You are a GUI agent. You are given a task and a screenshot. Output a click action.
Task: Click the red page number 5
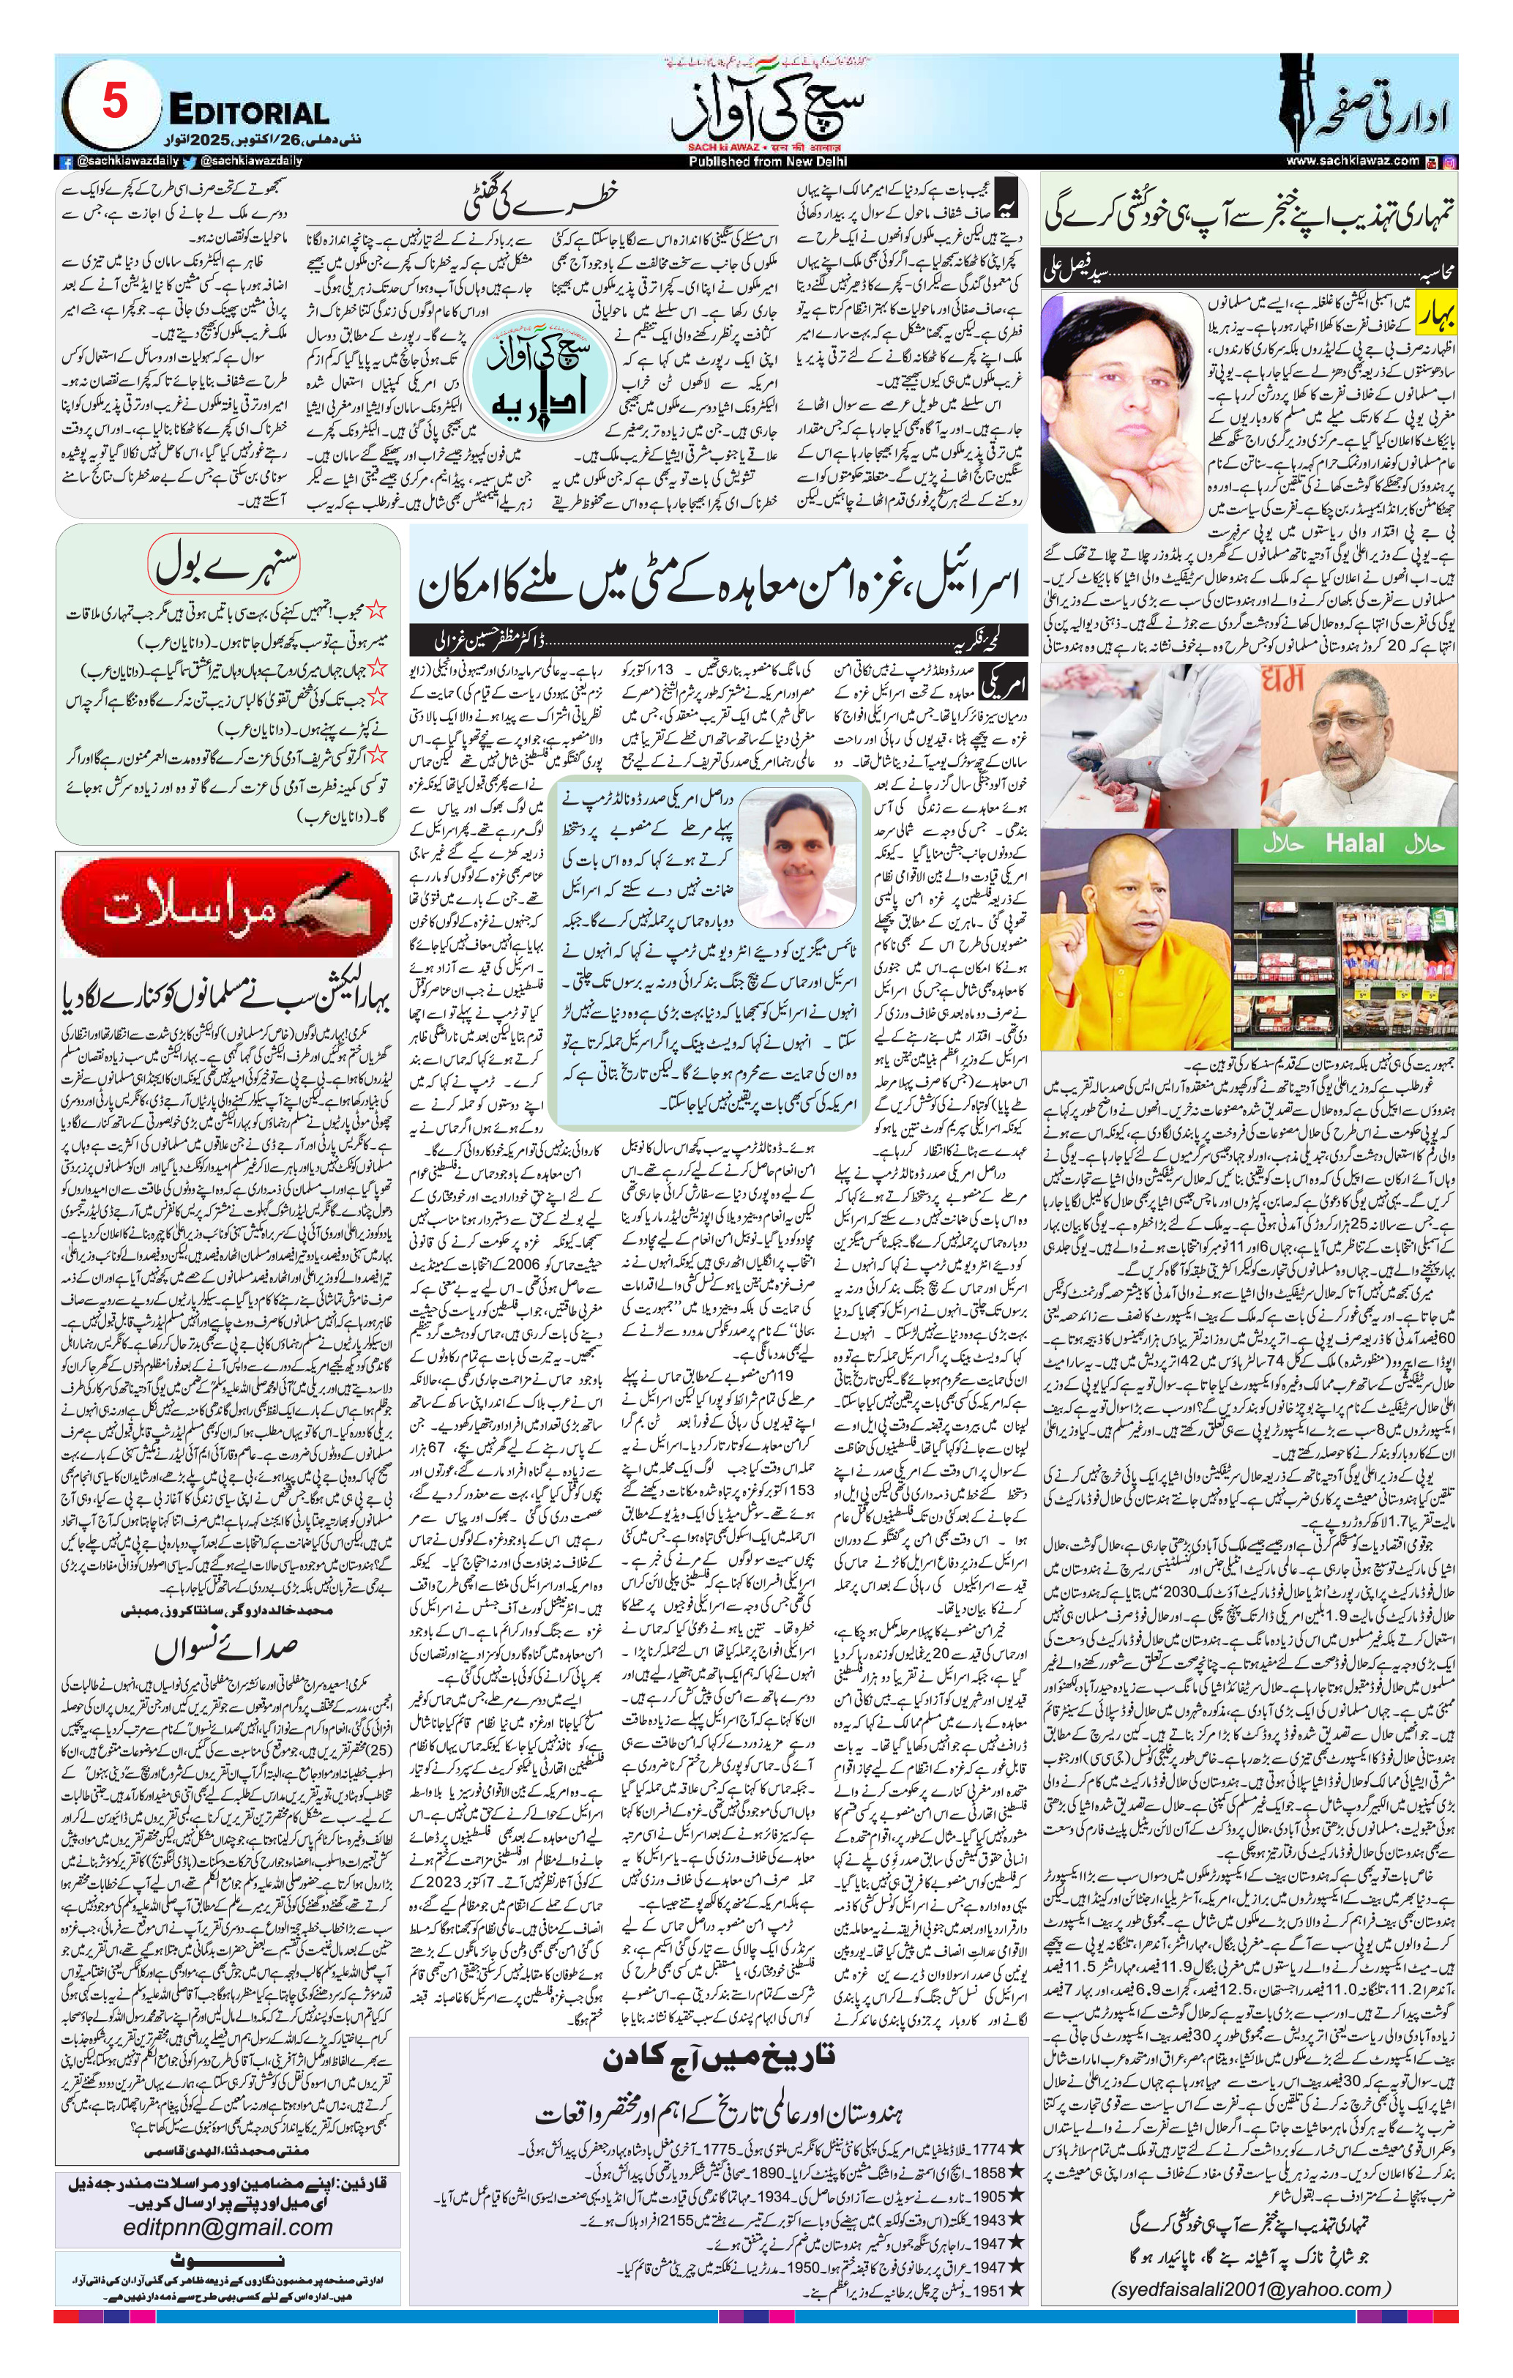point(115,102)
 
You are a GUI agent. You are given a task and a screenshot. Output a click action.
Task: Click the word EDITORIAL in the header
point(249,110)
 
